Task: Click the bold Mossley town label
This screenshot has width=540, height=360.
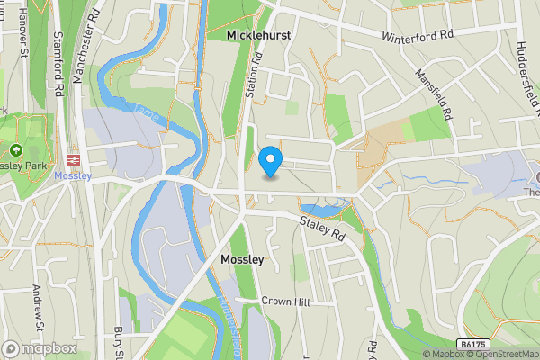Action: pyautogui.click(x=242, y=259)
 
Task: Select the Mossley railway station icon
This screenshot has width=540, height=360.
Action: pyautogui.click(x=73, y=159)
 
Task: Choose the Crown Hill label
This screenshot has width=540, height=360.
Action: pyautogui.click(x=285, y=302)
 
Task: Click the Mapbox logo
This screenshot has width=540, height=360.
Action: pyautogui.click(x=40, y=348)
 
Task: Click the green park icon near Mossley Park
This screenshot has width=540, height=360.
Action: pyautogui.click(x=15, y=149)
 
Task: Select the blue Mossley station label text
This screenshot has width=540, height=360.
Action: pyautogui.click(x=72, y=175)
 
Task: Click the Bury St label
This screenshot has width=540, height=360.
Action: pyautogui.click(x=119, y=342)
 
